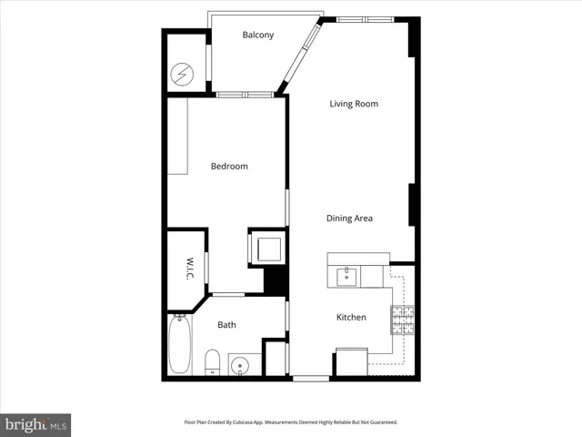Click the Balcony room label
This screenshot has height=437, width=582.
pos(258,36)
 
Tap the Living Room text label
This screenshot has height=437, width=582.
pos(354,104)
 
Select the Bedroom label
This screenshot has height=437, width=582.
pos(229,167)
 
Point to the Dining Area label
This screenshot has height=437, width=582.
pos(350,218)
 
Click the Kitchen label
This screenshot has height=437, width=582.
pos(351,317)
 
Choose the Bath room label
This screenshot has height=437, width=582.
pos(226,324)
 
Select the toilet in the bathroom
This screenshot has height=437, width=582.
pos(211,361)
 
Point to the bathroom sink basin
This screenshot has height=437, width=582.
pos(240,366)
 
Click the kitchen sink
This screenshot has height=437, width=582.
pos(345,276)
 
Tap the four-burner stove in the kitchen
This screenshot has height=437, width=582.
pos(403,318)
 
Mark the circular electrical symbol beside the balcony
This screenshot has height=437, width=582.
pos(186,72)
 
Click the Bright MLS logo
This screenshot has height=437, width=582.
pos(35,424)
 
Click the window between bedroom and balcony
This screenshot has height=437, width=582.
pos(245,94)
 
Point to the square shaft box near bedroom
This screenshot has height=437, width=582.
pos(268,247)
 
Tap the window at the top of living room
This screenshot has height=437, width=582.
pos(364,18)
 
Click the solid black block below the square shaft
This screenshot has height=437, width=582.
pos(276,279)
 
